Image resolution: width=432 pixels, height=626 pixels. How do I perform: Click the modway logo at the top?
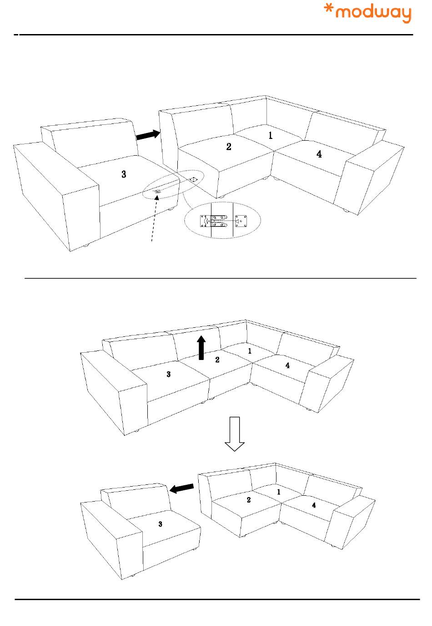(367, 13)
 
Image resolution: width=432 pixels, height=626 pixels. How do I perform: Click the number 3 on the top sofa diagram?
(124, 174)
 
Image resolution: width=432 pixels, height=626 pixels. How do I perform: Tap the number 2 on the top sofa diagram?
(229, 146)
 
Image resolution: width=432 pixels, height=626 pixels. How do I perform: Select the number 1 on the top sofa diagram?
(270, 135)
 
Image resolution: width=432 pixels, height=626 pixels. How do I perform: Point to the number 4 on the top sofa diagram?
(319, 154)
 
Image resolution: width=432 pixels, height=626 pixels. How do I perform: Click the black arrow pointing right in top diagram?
(148, 135)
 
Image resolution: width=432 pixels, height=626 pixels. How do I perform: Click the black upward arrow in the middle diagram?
(201, 348)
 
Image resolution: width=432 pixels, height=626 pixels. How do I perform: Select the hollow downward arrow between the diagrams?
(235, 434)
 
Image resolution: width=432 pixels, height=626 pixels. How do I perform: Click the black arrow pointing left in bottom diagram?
(181, 488)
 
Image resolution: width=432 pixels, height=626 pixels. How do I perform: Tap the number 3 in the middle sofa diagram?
(168, 375)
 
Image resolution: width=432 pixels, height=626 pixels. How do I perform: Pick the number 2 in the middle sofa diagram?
(217, 360)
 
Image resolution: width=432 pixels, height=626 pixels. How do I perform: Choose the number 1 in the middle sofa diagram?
(250, 351)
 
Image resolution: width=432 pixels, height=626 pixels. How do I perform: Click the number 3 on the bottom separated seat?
(160, 524)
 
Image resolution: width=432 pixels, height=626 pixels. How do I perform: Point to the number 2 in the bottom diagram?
(248, 500)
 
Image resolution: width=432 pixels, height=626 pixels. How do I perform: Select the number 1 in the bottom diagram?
(279, 492)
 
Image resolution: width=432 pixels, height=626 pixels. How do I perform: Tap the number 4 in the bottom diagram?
(314, 505)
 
